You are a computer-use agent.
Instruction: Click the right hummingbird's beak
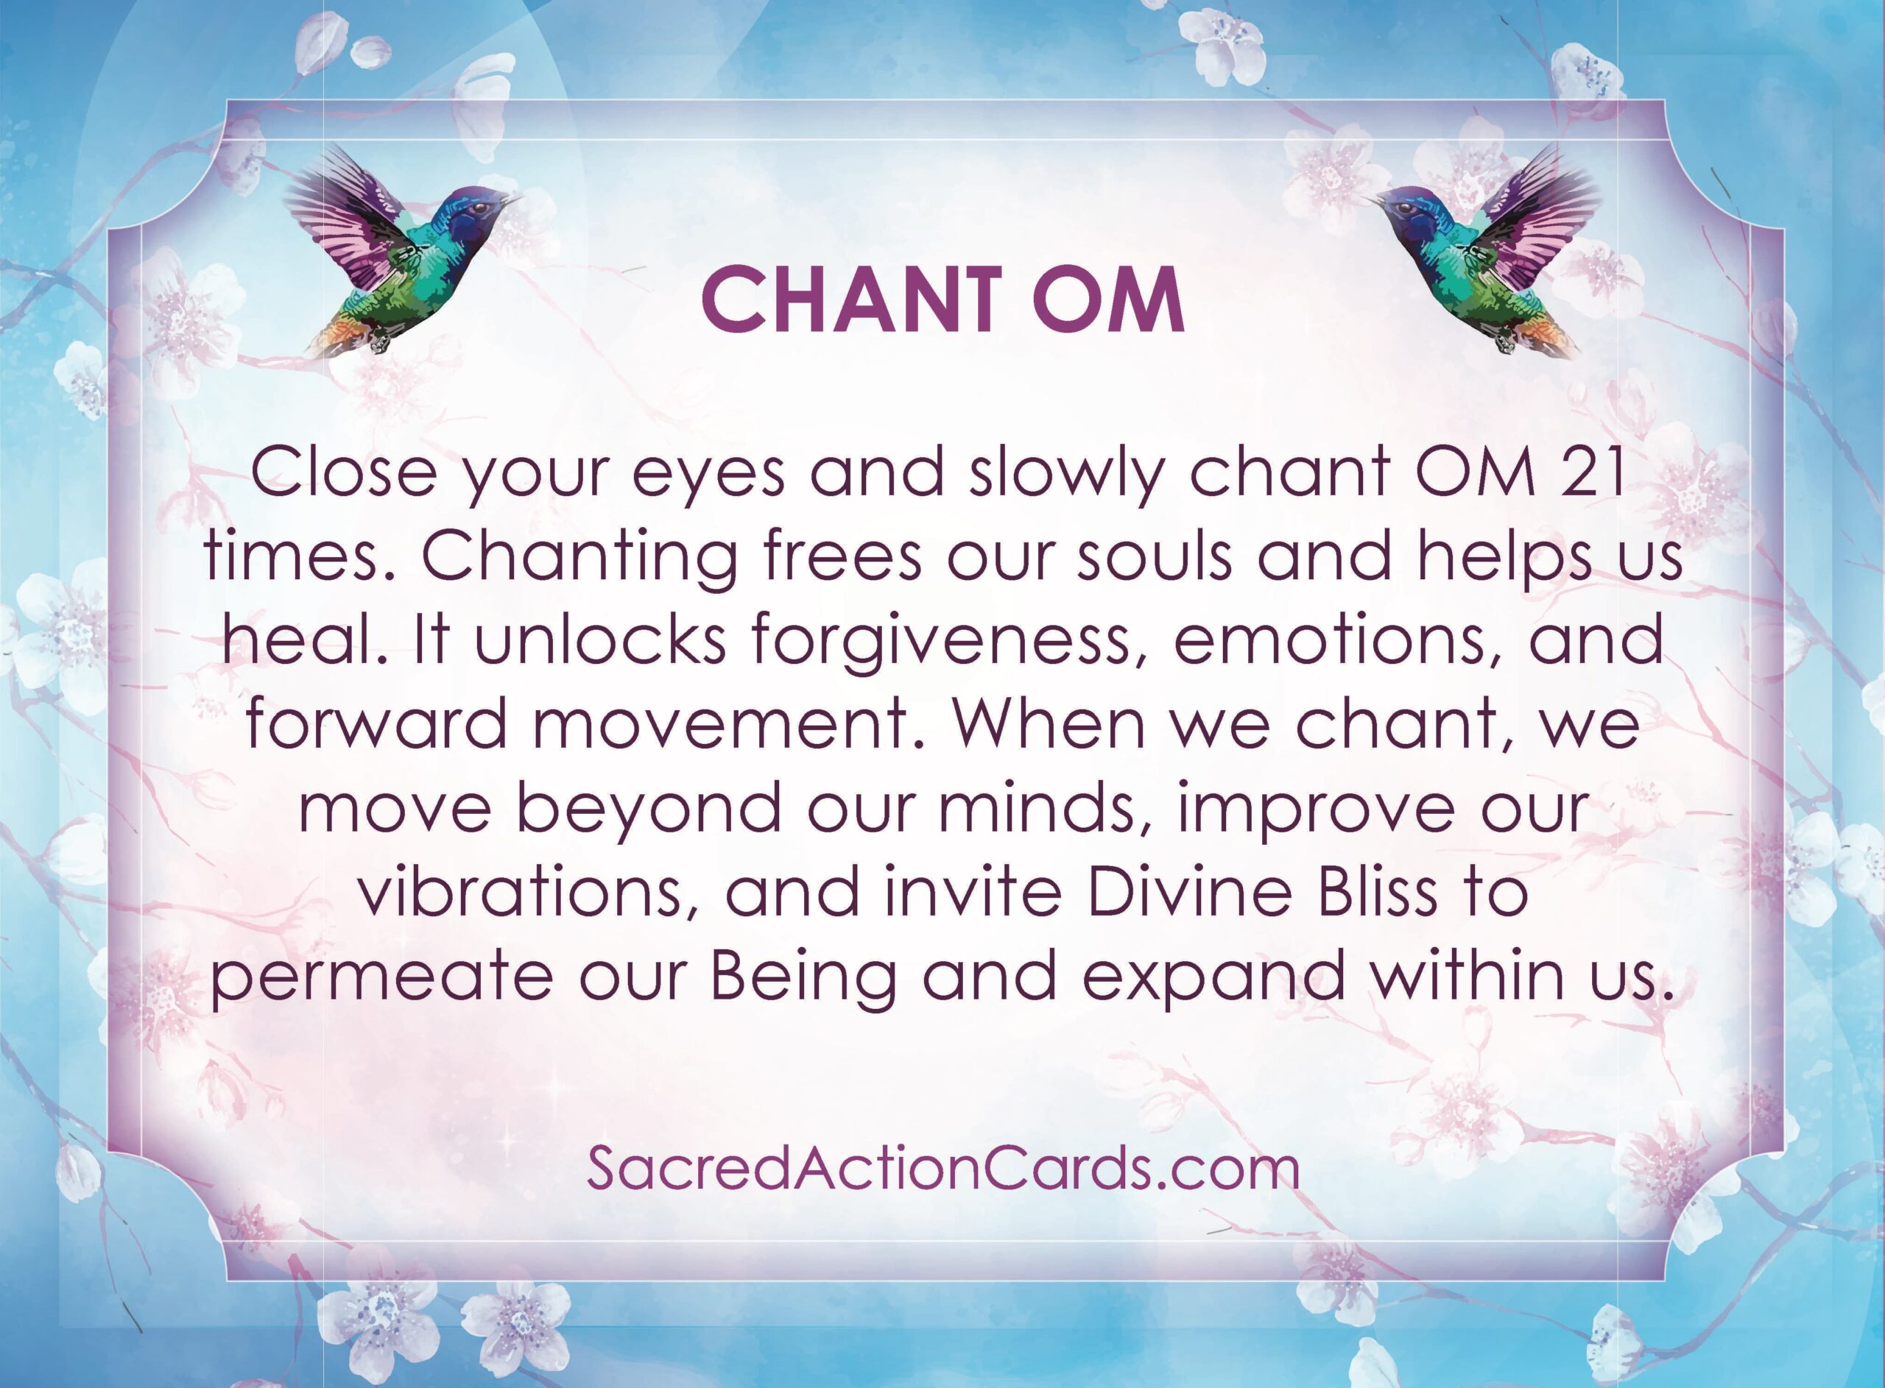[1370, 201]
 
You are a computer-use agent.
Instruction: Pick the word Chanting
[580, 558]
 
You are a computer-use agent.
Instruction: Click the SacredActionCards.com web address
[943, 1169]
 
